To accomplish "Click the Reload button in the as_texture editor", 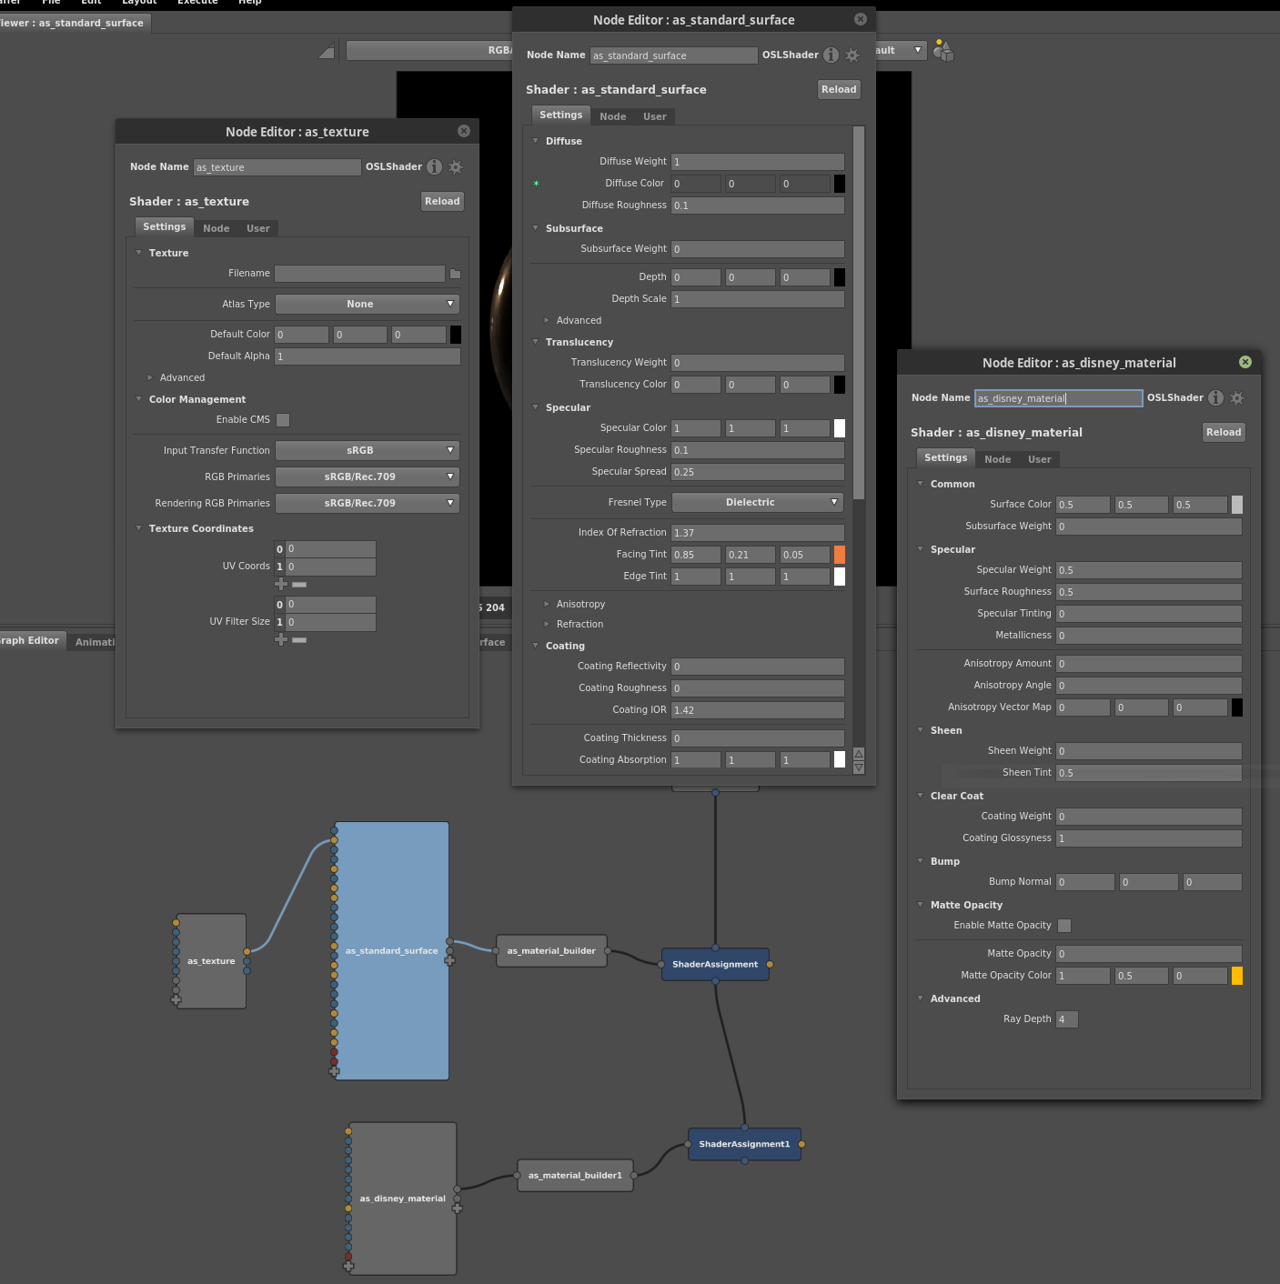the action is click(442, 201).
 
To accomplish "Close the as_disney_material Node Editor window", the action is click(1245, 362).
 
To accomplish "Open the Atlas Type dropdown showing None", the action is click(368, 304).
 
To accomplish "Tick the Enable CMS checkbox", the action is click(283, 420).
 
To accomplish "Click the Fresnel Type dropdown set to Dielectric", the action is click(757, 502).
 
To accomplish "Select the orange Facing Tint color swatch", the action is click(840, 555).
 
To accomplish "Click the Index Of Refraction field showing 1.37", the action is click(757, 532).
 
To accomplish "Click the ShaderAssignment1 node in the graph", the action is click(744, 1144).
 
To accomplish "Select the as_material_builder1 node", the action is click(575, 1176).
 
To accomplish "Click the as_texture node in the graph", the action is click(211, 961).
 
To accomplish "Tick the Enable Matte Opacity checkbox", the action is click(1064, 926).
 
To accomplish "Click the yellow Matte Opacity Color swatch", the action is click(1236, 976).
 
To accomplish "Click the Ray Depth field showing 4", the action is click(1066, 1018).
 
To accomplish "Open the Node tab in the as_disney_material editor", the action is click(997, 459).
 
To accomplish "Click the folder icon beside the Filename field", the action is click(456, 274).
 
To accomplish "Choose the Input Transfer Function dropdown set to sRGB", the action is click(368, 450).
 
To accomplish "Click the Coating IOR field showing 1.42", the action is click(757, 709).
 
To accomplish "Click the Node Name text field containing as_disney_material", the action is click(1058, 398).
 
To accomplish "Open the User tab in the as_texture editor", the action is click(258, 228).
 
